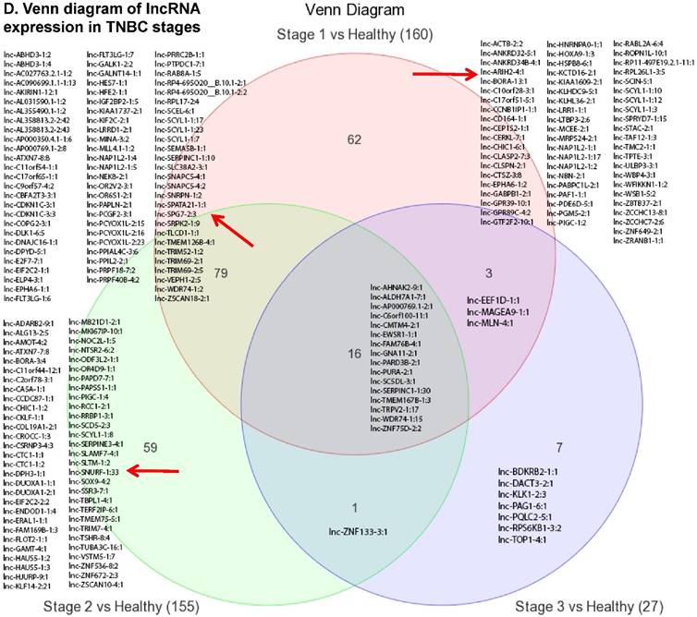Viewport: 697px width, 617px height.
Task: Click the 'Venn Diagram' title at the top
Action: pos(357,10)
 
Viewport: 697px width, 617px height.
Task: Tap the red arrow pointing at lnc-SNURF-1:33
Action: pos(150,471)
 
